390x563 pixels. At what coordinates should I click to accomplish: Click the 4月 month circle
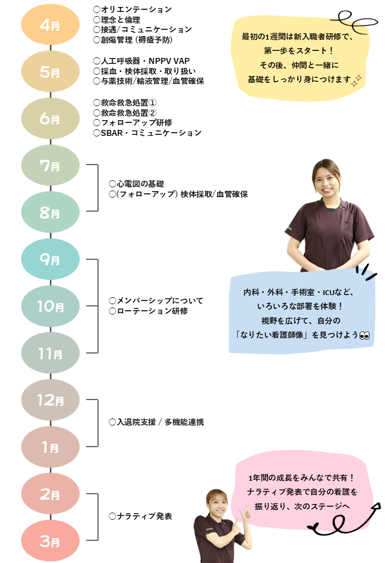50,25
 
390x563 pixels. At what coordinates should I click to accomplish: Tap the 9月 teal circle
50,259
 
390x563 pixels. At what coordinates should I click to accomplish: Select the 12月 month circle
50,400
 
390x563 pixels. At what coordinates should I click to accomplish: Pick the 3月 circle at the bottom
50,540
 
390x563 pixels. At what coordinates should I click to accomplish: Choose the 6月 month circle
50,119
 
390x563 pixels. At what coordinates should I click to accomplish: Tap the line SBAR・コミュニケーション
147,133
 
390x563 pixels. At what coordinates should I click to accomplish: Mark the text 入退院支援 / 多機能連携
157,422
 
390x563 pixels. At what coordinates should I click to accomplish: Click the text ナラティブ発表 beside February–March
141,516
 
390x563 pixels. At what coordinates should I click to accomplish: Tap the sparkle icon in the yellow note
356,81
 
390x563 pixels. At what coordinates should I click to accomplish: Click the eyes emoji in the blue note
364,335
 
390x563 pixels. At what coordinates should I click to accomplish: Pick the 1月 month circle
50,447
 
